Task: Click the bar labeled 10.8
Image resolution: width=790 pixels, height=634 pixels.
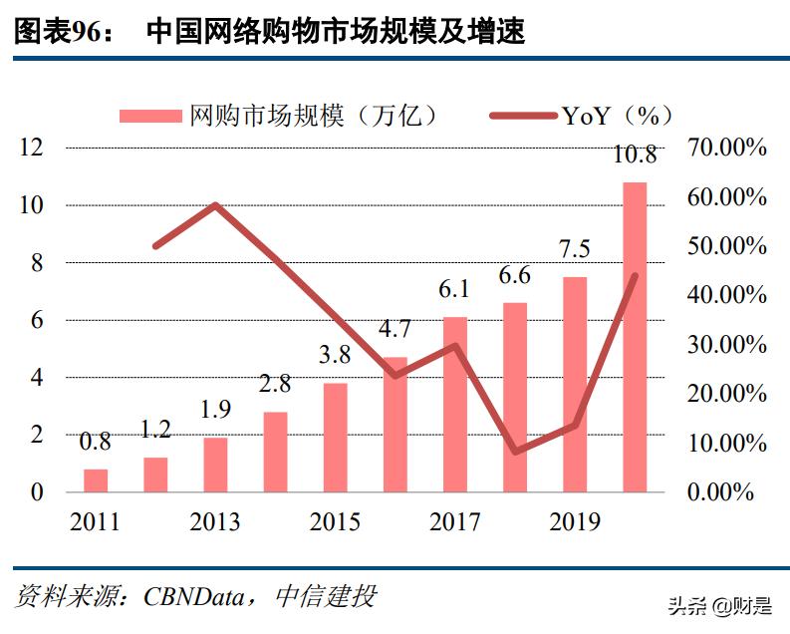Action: pos(635,337)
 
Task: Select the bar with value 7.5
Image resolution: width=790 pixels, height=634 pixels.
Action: pos(575,385)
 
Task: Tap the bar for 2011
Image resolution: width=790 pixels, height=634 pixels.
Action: pos(96,480)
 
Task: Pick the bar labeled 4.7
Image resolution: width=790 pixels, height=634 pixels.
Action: pos(395,425)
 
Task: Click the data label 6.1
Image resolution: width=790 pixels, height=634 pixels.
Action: pos(454,290)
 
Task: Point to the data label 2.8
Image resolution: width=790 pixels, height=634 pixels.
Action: pos(275,385)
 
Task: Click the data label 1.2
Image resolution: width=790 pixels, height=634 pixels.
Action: pos(155,431)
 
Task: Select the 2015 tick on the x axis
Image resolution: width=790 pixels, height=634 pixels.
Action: pos(335,522)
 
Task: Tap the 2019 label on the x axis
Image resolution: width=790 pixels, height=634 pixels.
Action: pos(575,522)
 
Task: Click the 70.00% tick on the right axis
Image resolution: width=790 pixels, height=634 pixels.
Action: pos(727,149)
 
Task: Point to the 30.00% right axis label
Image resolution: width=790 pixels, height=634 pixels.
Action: pos(727,345)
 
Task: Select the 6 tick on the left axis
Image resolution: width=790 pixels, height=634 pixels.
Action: pos(37,321)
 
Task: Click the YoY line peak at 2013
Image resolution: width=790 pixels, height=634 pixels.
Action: pos(215,205)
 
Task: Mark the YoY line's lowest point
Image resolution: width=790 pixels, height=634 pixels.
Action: pos(515,451)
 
